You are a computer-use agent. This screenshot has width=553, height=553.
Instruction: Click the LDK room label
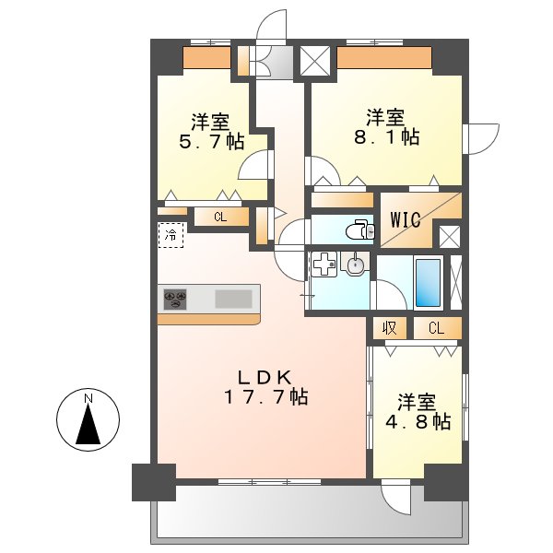[x=265, y=376]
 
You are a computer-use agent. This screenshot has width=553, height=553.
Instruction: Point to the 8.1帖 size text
[x=386, y=137]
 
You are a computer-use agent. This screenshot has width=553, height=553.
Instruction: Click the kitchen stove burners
[x=176, y=300]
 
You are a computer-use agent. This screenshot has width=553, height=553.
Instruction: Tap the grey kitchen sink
[x=233, y=299]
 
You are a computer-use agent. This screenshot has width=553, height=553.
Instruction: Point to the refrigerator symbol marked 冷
[x=171, y=234]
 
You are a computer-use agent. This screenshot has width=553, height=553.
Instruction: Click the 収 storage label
[x=390, y=327]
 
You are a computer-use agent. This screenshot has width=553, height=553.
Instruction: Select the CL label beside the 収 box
[x=435, y=327]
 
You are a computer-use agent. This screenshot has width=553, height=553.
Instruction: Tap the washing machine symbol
[x=323, y=265]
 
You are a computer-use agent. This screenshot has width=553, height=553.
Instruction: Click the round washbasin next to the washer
[x=355, y=265]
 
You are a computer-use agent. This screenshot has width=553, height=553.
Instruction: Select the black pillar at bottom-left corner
[x=153, y=481]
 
